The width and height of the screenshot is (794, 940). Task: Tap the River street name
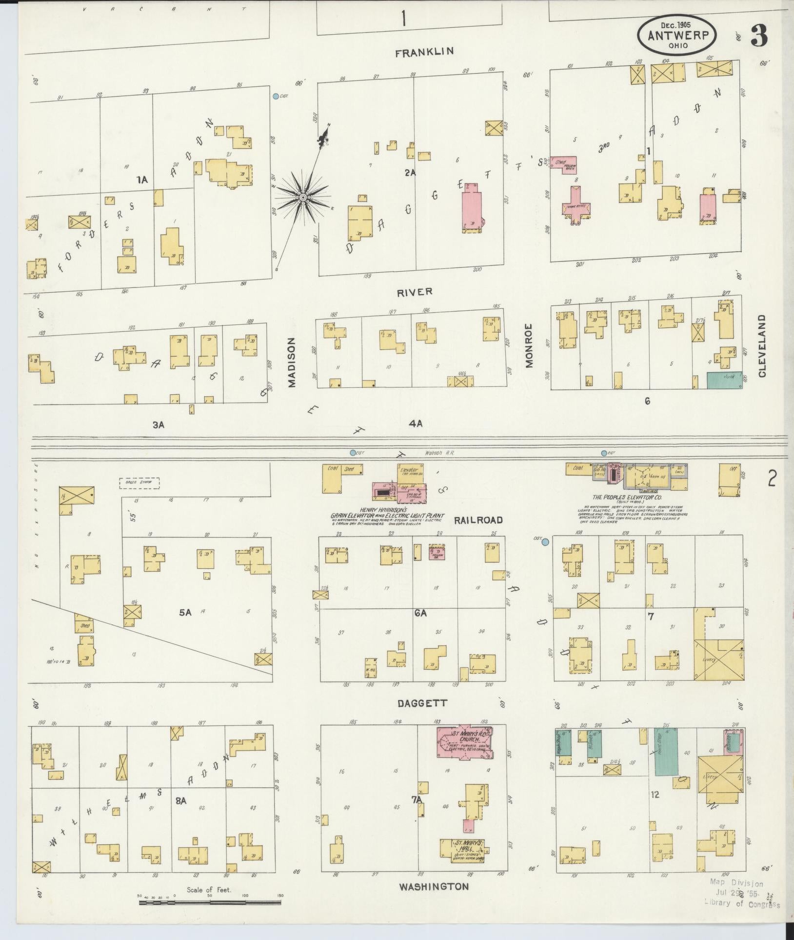(415, 292)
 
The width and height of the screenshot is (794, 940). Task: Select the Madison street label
(292, 363)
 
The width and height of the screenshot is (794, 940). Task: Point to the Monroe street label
(530, 346)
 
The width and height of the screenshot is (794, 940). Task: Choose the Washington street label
(434, 887)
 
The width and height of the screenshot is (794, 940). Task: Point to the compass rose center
(302, 197)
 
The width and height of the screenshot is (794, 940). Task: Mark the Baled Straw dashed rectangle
(139, 483)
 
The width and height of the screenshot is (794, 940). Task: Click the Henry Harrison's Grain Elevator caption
(387, 515)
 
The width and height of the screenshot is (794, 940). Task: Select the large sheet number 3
(758, 35)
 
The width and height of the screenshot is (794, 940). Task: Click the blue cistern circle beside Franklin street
(276, 97)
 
